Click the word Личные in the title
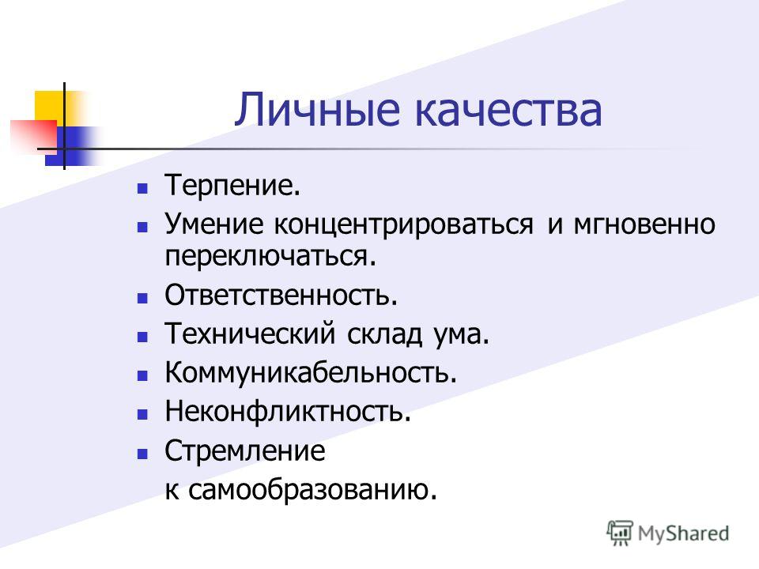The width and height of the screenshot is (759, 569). coord(318,110)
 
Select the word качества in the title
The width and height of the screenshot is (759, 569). coord(508,111)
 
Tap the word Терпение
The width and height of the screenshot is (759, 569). coord(232,186)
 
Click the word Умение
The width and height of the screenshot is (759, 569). coord(214,224)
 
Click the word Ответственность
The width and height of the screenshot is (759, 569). coord(281,295)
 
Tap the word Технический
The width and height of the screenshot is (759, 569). coord(250,333)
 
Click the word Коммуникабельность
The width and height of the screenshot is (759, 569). coord(311,373)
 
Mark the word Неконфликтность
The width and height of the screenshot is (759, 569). coord(288,411)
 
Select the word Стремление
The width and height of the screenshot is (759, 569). coord(245,452)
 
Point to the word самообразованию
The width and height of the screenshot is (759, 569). coord(313,490)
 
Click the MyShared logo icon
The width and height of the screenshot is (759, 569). coord(620,533)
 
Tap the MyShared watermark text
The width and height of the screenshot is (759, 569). coord(683,533)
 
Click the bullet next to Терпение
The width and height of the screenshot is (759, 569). coord(142,189)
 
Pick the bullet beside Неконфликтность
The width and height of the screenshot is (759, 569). coord(142,414)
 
